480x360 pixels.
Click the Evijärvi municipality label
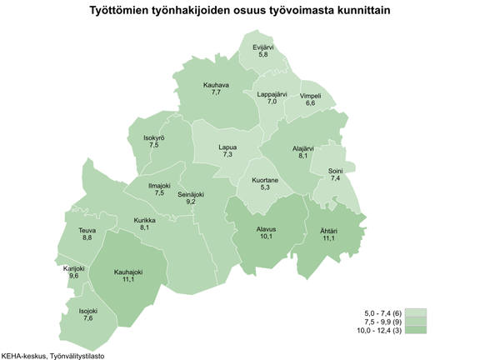tap(263, 47)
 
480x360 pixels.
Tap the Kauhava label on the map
tap(216, 84)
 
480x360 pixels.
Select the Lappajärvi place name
tap(272, 94)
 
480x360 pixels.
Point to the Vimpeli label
tap(310, 96)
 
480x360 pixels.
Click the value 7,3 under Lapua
tap(227, 155)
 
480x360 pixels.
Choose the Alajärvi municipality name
tap(302, 147)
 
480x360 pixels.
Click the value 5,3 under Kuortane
tap(266, 187)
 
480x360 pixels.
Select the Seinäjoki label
tap(191, 194)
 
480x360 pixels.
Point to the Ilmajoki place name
tap(159, 186)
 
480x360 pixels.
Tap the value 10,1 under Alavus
tap(266, 236)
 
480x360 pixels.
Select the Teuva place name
tap(87, 230)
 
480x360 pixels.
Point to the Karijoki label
tap(74, 268)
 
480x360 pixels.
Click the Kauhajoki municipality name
tap(128, 272)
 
